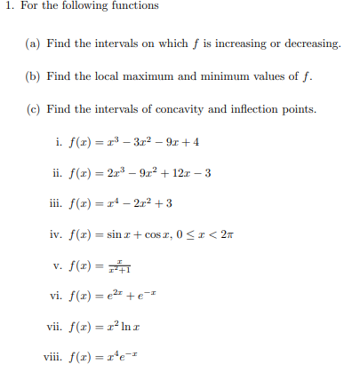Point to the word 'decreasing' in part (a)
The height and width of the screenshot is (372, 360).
(x=311, y=44)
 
